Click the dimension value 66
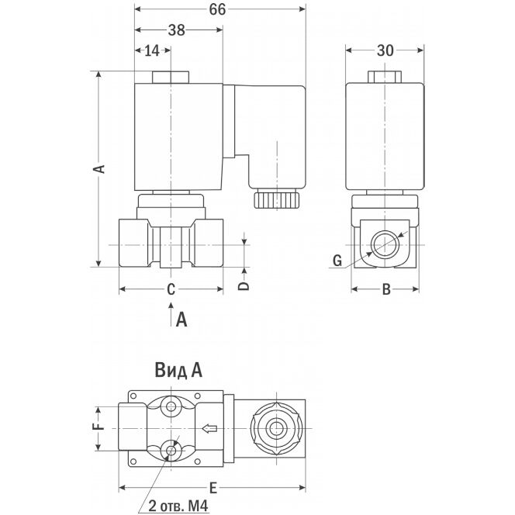click(217, 9)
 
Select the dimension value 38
click(177, 30)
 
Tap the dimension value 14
click(152, 50)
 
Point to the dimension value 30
click(385, 50)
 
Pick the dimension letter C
click(171, 290)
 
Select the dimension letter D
click(244, 285)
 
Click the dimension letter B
click(386, 290)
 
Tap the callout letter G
click(337, 261)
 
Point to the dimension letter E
click(213, 489)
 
